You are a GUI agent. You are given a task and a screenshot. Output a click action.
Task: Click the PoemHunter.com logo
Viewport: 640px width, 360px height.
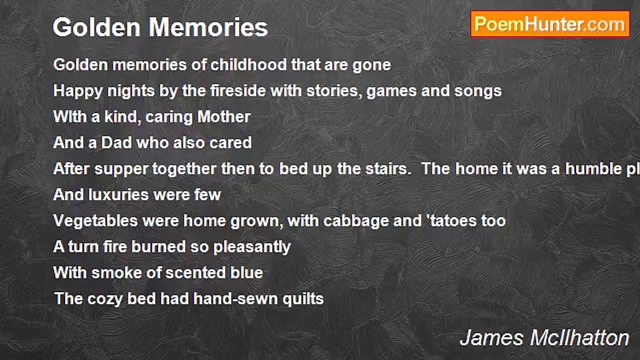(550, 24)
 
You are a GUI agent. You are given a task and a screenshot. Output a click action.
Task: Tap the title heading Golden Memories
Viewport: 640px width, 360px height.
(160, 27)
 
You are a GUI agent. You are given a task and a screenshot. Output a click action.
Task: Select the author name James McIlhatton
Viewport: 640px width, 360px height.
(544, 338)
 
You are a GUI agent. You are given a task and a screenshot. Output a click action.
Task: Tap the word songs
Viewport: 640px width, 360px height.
(478, 91)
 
